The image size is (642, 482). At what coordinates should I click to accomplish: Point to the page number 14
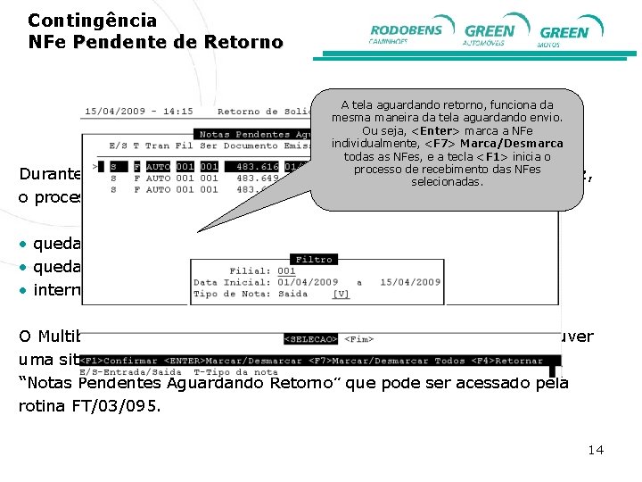[596, 449]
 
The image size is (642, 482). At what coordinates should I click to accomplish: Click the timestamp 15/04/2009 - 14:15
[138, 112]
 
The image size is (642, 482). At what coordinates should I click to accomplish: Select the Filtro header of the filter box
[313, 259]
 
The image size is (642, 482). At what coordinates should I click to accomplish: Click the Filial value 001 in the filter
[285, 270]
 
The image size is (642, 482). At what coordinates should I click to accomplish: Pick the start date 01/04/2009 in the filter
[307, 282]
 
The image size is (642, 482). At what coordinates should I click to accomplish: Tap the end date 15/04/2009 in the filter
[410, 282]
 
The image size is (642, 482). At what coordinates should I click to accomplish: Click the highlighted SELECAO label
[310, 339]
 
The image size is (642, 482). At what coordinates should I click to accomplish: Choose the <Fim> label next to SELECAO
[358, 339]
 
